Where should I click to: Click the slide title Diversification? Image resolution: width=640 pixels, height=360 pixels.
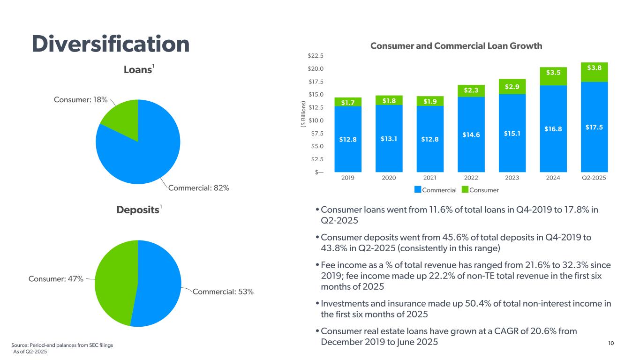111,44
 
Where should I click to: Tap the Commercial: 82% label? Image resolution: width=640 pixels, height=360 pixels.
199,188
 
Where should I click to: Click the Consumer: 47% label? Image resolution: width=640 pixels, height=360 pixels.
56,279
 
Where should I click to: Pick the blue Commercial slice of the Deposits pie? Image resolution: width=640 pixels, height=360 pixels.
159,281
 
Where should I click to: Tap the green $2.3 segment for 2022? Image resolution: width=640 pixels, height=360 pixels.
471,90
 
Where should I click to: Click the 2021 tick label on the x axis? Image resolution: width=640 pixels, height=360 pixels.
429,179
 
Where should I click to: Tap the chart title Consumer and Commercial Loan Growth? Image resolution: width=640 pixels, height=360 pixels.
456,46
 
